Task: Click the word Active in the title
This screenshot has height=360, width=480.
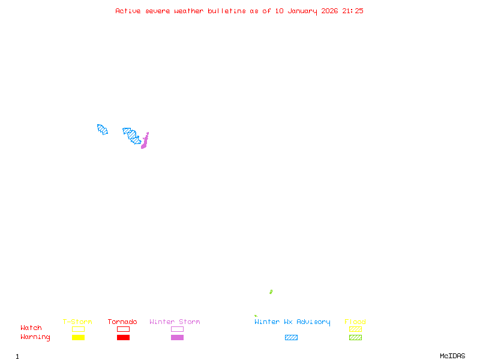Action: point(128,11)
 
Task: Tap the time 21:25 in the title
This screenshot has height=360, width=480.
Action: point(353,11)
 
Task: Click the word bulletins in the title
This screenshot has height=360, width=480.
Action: point(227,11)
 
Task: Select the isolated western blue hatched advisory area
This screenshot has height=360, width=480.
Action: point(102,129)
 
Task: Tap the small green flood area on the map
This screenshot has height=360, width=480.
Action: point(271,292)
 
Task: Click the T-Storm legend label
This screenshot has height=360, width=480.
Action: point(77,322)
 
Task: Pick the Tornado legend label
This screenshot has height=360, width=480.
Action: point(122,322)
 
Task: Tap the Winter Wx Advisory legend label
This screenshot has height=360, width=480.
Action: point(292,322)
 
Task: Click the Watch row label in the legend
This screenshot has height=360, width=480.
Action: point(31,328)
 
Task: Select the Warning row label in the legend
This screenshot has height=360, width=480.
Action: point(35,337)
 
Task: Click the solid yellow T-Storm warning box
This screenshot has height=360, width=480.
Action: point(78,337)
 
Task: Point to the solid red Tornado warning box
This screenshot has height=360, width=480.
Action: point(123,337)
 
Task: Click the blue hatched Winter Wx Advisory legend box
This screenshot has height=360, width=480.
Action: point(291,337)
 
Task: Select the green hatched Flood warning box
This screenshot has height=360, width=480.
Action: point(355,337)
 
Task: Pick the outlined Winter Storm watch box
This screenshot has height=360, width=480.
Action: point(177,329)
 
